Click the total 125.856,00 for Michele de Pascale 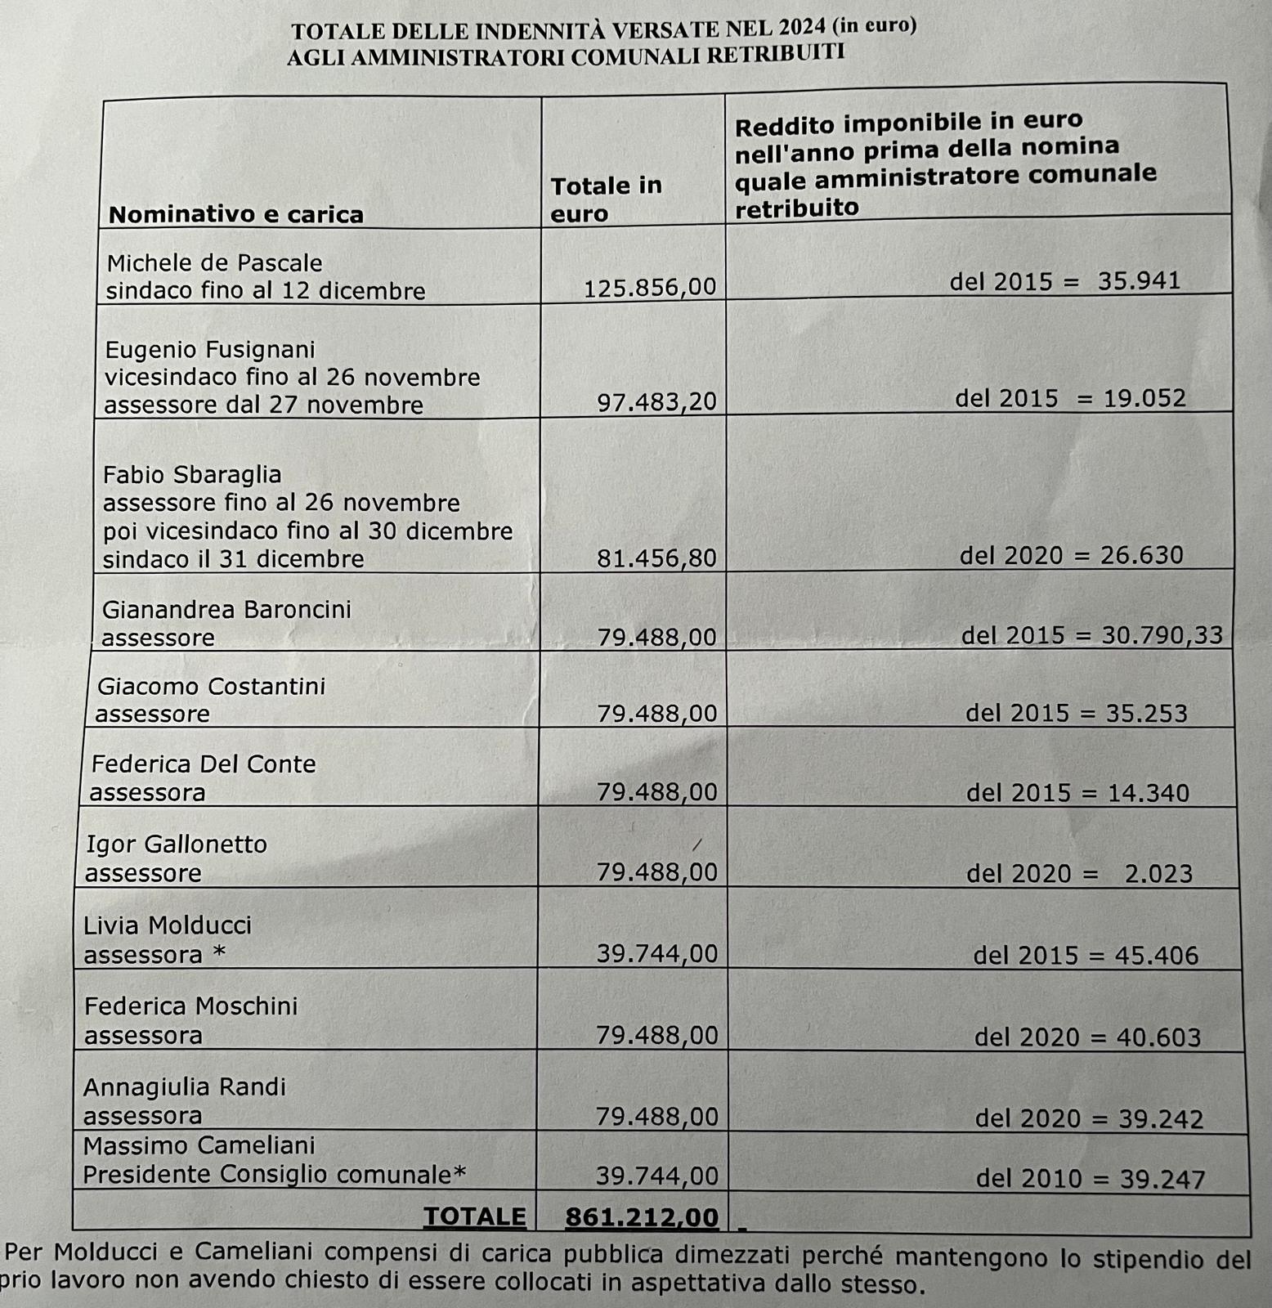click(649, 287)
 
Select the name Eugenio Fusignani click(210, 350)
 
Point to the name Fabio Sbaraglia click(192, 475)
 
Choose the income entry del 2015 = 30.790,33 click(1091, 635)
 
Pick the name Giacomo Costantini click(211, 686)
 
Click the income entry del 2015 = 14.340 click(1077, 792)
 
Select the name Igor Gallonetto click(177, 844)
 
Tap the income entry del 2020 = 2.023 click(1079, 874)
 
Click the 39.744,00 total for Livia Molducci click(656, 954)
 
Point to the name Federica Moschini click(191, 1006)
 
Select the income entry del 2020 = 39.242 click(1089, 1118)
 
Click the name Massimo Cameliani click(199, 1145)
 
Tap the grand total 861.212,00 click(642, 1217)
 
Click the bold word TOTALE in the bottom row click(474, 1216)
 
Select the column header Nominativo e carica click(236, 215)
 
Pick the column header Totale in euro click(606, 199)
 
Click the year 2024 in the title click(803, 29)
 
